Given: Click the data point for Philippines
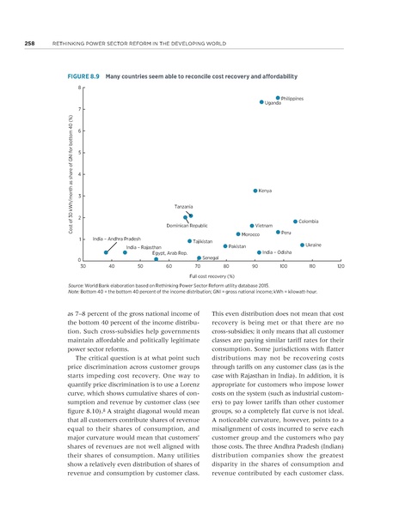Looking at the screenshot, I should point(278,98).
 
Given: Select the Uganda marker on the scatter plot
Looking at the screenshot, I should point(261,103).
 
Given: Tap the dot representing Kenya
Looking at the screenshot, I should point(255,191).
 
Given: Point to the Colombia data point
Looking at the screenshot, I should point(295,221).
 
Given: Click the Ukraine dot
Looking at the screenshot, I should point(302,245).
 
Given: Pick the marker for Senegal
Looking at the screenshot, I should point(199,257).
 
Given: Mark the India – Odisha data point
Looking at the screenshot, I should point(259,252).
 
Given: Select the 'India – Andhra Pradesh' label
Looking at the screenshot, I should point(116,237).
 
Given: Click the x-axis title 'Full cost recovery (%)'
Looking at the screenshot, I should point(212,277).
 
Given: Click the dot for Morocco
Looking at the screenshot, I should point(237,234).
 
